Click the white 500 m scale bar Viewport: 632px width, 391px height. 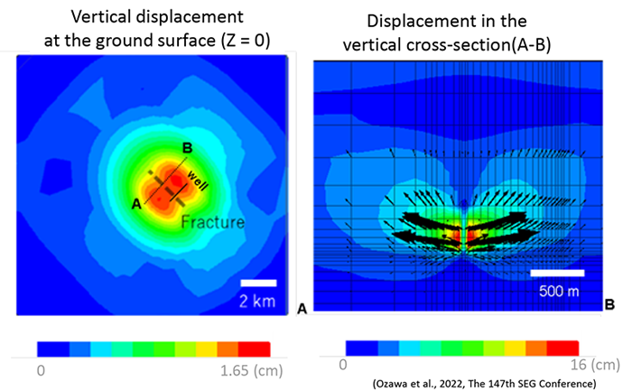tap(556, 271)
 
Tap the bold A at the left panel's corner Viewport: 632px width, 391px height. tap(302, 309)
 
